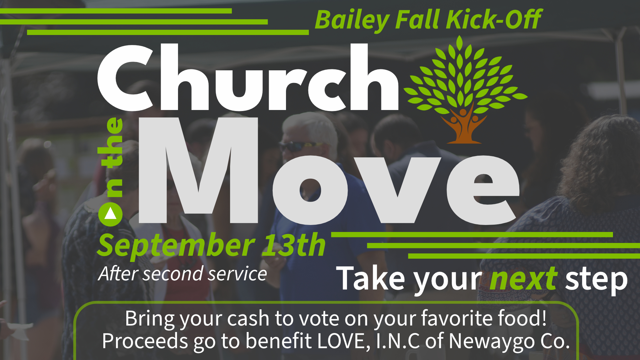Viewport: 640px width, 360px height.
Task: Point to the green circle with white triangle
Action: tap(110, 215)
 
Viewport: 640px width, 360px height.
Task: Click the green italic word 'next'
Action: tap(523, 278)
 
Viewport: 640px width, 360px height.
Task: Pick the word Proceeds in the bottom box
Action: tap(145, 341)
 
